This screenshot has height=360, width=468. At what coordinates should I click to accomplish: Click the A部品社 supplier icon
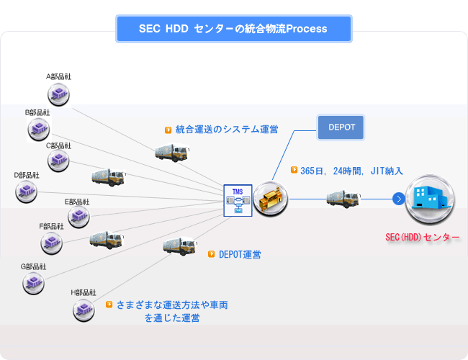click(x=58, y=95)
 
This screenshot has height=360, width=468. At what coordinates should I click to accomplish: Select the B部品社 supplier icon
click(x=39, y=130)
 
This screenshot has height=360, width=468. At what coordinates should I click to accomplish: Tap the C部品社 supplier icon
click(x=58, y=161)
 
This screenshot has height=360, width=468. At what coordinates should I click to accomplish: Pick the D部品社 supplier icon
click(x=26, y=192)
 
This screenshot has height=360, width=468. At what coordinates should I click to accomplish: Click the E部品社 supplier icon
click(x=78, y=217)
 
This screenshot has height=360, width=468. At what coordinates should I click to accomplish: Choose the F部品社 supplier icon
click(x=52, y=243)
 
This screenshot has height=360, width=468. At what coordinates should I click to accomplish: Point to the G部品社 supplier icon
click(x=33, y=283)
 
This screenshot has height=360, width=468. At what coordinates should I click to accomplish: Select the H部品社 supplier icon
click(x=84, y=310)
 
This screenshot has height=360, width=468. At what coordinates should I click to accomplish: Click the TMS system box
click(x=238, y=201)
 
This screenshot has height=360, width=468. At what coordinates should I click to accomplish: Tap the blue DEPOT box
click(x=341, y=127)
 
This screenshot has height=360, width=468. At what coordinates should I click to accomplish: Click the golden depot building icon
click(x=271, y=199)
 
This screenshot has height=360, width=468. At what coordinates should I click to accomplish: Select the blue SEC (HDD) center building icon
click(x=430, y=199)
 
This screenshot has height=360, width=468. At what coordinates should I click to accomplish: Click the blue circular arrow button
click(x=399, y=199)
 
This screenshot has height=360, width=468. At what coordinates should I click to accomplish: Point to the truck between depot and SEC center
click(x=343, y=199)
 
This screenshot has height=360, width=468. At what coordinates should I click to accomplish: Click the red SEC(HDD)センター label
click(x=423, y=238)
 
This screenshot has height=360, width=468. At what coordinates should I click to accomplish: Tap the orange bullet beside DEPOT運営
click(x=211, y=254)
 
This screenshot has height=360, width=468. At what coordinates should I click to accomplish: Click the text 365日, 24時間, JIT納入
click(x=351, y=171)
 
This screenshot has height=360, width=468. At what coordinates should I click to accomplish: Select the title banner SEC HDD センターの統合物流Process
click(x=234, y=29)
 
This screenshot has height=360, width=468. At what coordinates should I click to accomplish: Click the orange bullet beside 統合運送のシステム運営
click(x=168, y=130)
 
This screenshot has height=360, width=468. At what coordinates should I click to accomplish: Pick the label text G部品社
click(x=33, y=266)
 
